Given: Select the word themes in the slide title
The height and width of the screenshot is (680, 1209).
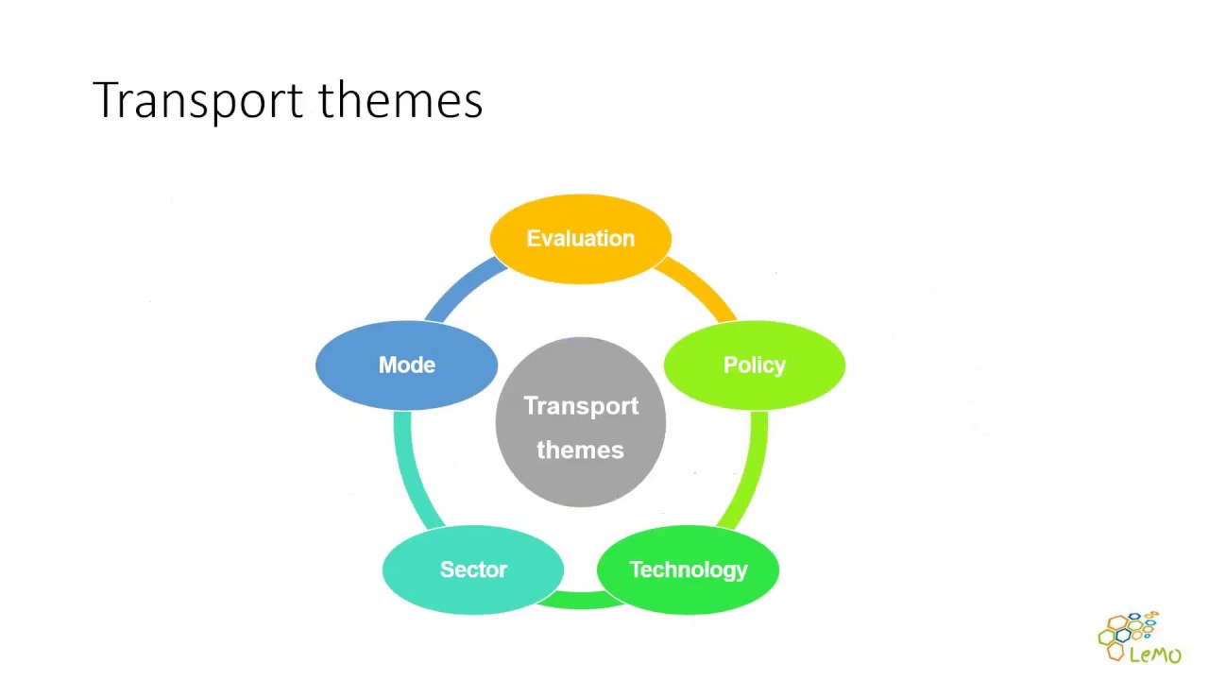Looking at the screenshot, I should point(400,100).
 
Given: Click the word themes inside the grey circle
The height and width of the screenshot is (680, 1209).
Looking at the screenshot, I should point(580,450).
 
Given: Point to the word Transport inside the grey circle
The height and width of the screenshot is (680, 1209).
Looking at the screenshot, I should point(581,406).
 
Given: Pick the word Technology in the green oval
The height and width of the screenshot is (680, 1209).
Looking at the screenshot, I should point(688,569).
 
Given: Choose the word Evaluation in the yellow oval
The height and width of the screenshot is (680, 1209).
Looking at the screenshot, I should point(580,239).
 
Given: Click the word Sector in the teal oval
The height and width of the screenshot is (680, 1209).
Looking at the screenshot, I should point(473,569).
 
